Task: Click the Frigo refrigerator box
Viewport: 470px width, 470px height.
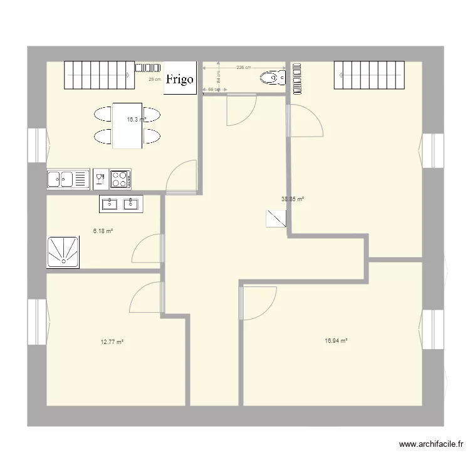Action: [180, 79]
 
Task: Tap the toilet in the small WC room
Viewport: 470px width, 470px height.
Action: [273, 78]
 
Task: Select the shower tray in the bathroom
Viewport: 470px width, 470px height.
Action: [63, 252]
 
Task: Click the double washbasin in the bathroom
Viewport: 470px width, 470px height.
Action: [120, 203]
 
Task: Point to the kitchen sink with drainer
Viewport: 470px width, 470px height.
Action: [68, 180]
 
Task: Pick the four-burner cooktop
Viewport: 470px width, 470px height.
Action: [120, 179]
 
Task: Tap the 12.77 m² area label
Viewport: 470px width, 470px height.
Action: [112, 342]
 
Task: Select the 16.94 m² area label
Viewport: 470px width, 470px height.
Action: [336, 341]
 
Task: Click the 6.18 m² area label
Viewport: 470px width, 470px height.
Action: [103, 231]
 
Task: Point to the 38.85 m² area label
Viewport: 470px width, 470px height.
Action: [293, 199]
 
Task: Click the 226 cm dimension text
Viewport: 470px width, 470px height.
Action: [244, 68]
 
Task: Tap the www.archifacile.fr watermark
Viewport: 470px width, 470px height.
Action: [432, 445]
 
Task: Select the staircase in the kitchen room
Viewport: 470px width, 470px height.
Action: [100, 75]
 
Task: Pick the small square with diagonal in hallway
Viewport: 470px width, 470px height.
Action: [276, 218]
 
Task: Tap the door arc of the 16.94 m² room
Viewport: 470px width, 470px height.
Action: [258, 302]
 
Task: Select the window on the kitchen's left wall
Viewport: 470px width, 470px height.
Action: [38, 145]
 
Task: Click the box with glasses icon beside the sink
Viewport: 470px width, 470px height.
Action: [100, 179]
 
